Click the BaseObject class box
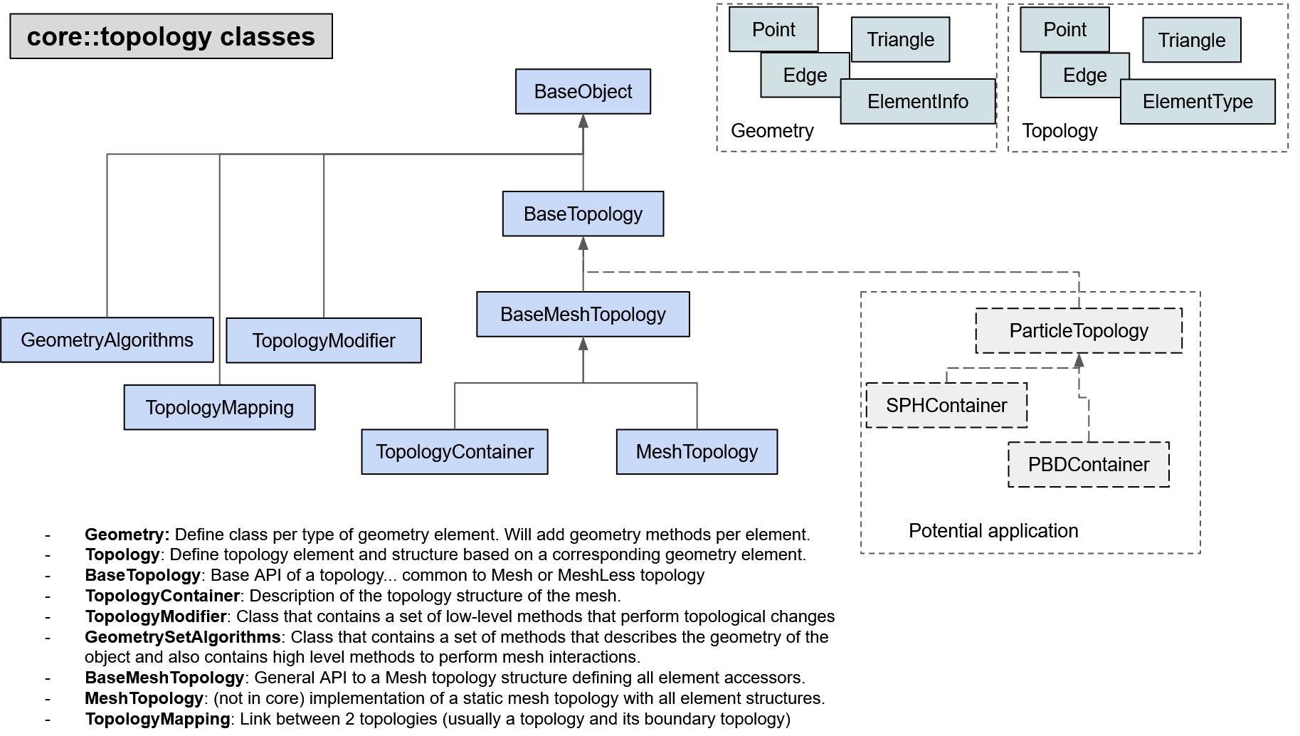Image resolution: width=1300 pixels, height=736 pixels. point(583,91)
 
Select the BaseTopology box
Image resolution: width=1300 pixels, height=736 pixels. point(583,214)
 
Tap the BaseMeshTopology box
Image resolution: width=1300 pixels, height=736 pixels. point(583,314)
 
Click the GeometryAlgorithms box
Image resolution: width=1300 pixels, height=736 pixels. point(107,340)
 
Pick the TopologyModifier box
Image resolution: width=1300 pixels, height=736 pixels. point(323,341)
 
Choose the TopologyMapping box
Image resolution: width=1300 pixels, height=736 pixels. point(219,408)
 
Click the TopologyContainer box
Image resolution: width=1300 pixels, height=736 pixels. point(455,452)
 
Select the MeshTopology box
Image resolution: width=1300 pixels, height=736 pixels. point(697,452)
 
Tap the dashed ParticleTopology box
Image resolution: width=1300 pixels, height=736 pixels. point(1079,331)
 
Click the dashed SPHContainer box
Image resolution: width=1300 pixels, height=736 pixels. point(946,406)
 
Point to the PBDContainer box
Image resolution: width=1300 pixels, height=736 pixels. point(1089,465)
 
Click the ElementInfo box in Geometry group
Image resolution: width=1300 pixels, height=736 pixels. point(917,102)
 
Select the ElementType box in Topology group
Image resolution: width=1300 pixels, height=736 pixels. point(1198,102)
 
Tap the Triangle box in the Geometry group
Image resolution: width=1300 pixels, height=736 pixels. point(900,40)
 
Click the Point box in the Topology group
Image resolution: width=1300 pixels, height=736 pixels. point(1064,30)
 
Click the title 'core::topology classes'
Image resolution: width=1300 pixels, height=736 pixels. point(171,36)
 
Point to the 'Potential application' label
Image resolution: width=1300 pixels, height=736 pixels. point(993,531)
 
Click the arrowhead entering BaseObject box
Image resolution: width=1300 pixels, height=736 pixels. point(583,121)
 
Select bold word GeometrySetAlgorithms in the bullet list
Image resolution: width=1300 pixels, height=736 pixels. point(183,637)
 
